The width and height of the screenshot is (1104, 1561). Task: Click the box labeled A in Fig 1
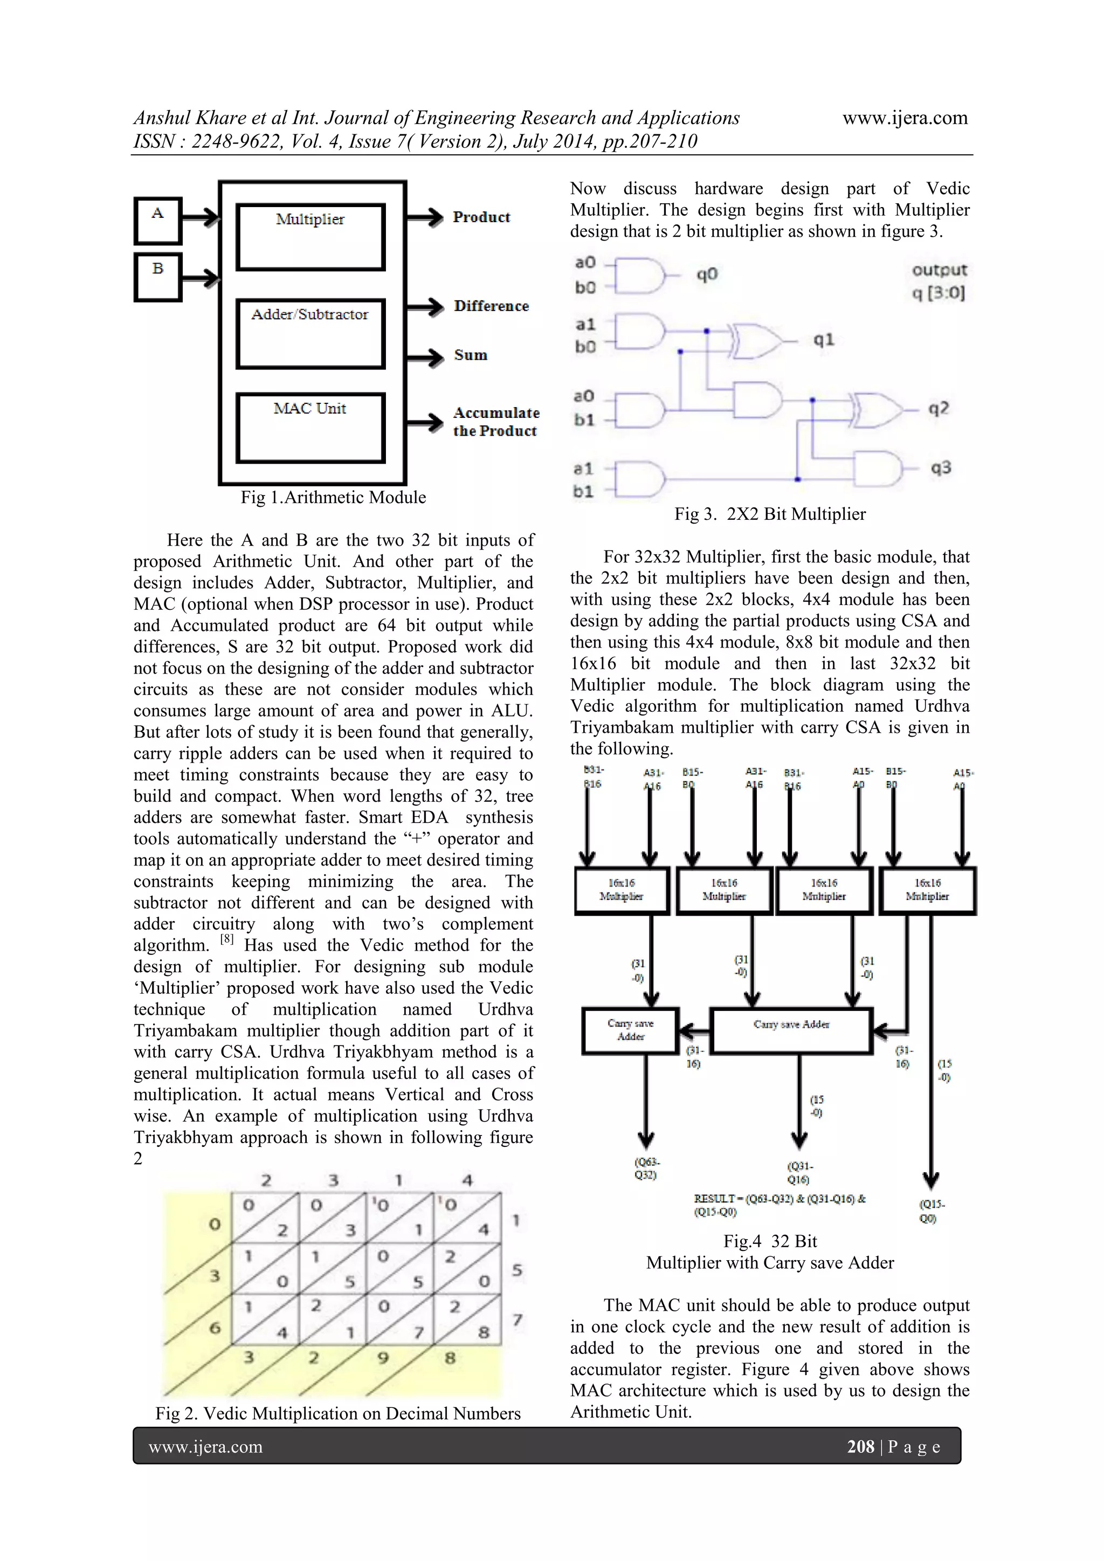[x=158, y=221]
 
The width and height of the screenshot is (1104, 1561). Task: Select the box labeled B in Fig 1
[x=158, y=277]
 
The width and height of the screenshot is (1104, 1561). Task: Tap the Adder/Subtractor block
[x=310, y=334]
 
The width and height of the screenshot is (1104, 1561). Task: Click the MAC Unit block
[x=310, y=428]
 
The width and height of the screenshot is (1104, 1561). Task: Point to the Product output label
[x=481, y=217]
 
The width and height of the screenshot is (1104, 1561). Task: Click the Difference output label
[x=491, y=307]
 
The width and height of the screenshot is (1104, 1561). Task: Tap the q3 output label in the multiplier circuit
[x=940, y=467]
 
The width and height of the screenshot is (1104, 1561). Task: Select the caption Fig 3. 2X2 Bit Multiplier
[x=770, y=514]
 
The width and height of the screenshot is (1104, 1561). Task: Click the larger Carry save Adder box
[x=791, y=1031]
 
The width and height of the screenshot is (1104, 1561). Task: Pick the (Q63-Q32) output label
[x=646, y=1168]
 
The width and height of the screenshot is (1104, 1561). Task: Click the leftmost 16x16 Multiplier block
[x=622, y=890]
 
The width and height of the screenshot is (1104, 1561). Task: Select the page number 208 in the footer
[x=860, y=1446]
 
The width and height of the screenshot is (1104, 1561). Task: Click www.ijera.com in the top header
[x=905, y=118]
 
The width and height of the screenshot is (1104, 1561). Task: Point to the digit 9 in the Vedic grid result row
[x=383, y=1358]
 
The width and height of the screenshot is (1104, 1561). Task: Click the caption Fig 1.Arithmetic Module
[x=333, y=498]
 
